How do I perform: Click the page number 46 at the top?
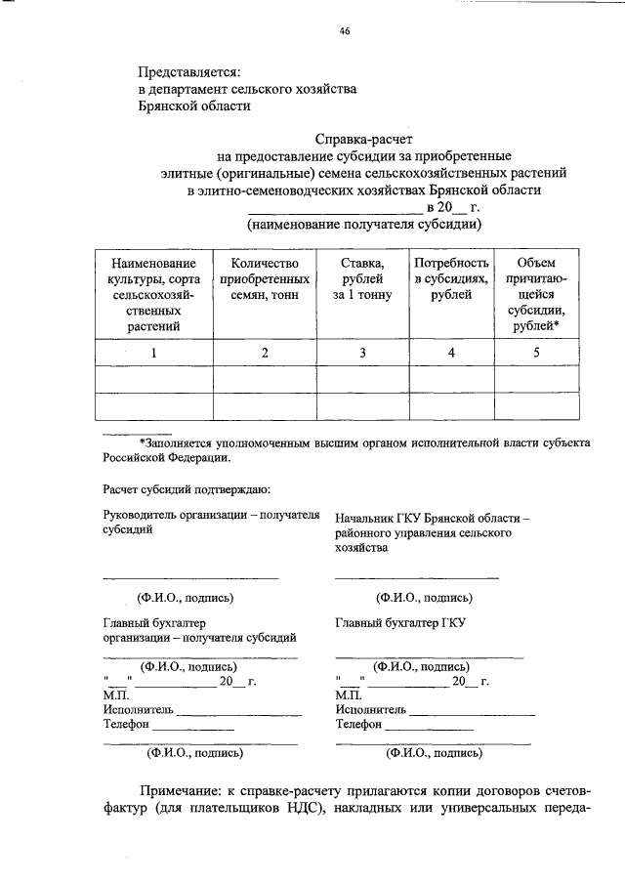(345, 31)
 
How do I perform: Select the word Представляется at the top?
(187, 71)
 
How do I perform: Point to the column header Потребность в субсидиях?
(450, 278)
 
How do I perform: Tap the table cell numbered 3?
(361, 353)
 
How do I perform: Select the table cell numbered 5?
(535, 353)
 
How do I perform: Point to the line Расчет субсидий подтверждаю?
(187, 488)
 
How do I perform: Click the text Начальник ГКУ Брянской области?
(431, 519)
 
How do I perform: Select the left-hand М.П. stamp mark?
(115, 695)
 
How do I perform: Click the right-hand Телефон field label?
(358, 724)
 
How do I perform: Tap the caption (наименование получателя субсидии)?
(363, 224)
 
